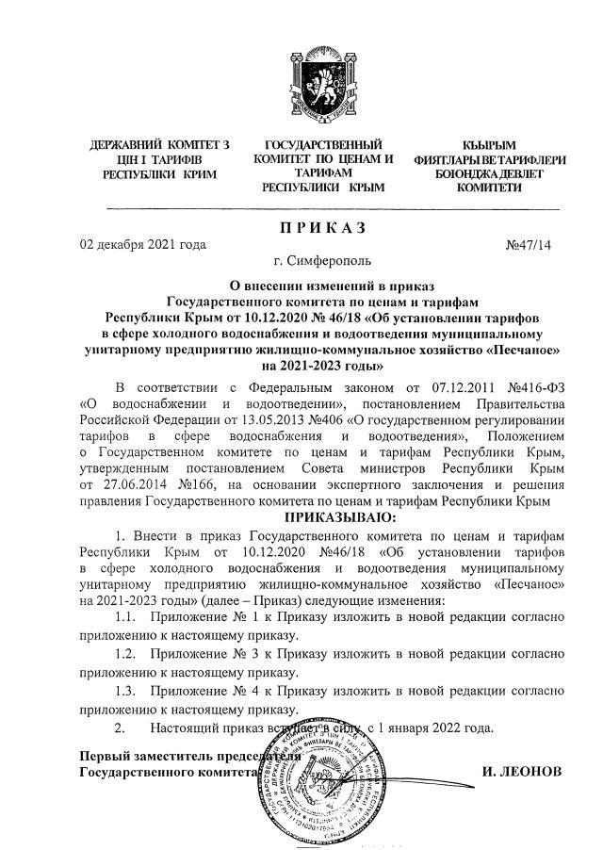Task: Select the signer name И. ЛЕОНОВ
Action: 520,772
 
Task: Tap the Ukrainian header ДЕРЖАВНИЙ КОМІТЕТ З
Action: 159,145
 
